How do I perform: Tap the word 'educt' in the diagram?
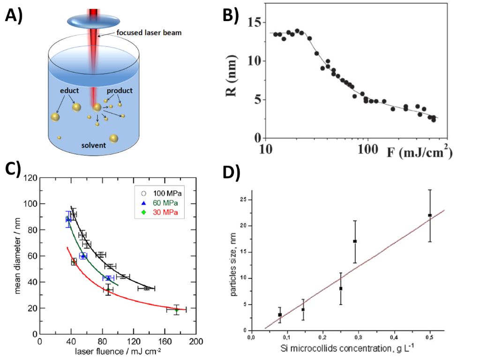(x=69, y=90)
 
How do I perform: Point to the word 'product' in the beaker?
(x=120, y=90)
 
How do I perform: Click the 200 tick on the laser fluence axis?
(x=196, y=342)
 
